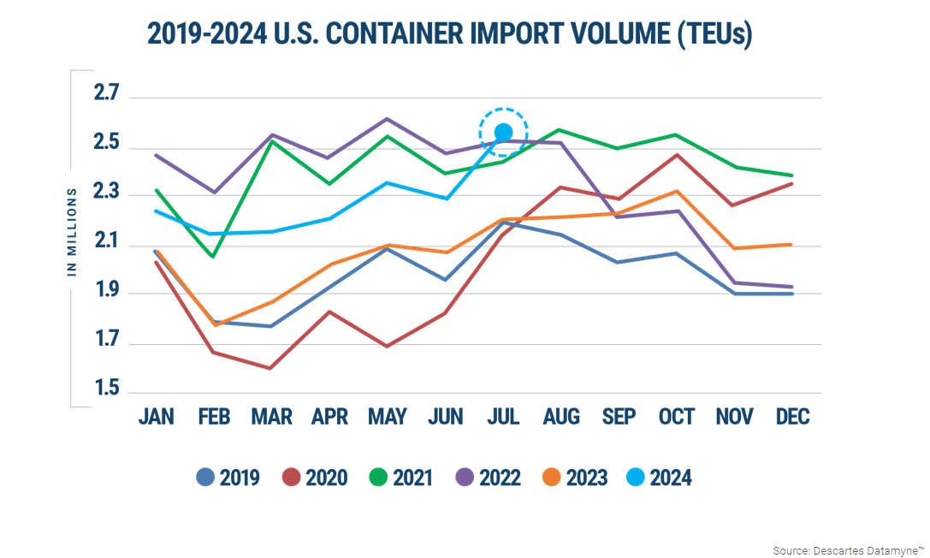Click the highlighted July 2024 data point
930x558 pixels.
[503, 132]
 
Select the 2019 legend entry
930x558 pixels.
[228, 478]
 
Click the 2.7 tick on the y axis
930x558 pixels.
[110, 93]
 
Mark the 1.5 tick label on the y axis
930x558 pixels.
[110, 389]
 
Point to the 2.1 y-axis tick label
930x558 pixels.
[110, 242]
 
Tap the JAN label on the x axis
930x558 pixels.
[156, 417]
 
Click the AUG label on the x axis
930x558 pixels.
[560, 417]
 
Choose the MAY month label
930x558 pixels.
[387, 417]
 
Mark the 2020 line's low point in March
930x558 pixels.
[271, 368]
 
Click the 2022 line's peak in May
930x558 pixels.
[387, 119]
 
